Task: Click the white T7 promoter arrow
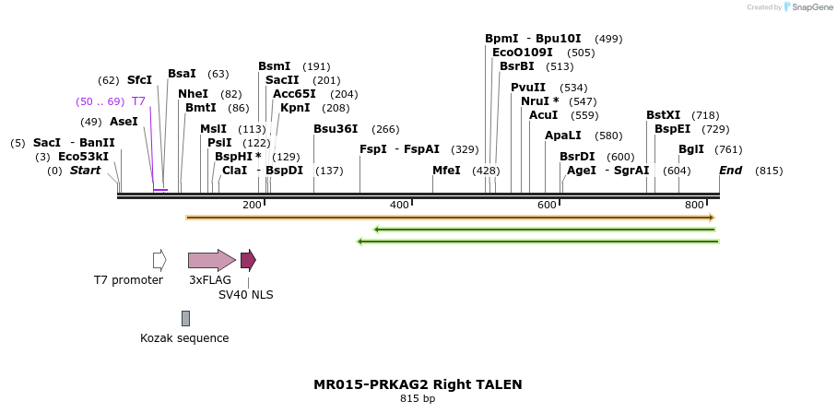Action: pos(159,260)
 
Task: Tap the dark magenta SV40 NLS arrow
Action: pos(248,260)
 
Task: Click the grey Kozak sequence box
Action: pos(185,318)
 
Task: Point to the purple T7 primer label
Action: pos(138,101)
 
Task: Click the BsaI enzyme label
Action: pos(182,74)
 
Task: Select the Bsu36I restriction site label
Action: pos(336,129)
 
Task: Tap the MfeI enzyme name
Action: pos(446,171)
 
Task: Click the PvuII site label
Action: pos(528,88)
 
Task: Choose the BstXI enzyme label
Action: pos(663,115)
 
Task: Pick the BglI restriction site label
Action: pos(691,149)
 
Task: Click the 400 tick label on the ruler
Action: pos(399,205)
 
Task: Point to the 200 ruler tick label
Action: pos(252,205)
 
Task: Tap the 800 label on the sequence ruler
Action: pos(694,205)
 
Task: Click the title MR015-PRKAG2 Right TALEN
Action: pos(418,384)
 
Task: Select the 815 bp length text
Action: pos(418,399)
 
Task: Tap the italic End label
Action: pos(730,171)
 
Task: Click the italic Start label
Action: pos(85,171)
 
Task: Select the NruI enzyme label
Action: pos(536,101)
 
